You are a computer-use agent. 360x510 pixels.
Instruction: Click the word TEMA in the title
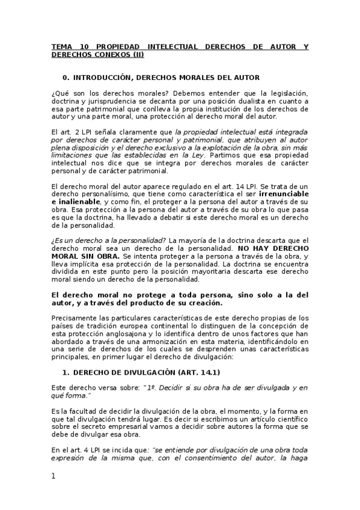[x=61, y=46]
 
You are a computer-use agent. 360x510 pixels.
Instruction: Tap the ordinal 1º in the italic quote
[x=155, y=387]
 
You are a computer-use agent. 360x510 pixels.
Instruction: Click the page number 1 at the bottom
[x=53, y=476]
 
